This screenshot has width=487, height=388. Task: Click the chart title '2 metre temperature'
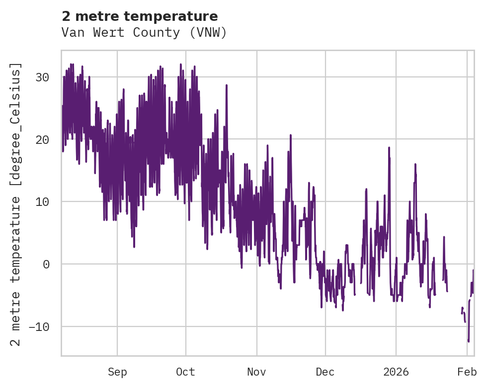[140, 16]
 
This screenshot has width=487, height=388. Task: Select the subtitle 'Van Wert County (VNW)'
[144, 33]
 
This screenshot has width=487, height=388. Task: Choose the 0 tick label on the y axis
[46, 264]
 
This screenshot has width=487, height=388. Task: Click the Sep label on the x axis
[117, 372]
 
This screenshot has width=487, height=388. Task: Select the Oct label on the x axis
[185, 372]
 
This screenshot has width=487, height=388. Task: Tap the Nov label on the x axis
[257, 372]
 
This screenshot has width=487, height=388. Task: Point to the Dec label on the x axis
[325, 372]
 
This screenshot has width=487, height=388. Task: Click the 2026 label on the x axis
[396, 372]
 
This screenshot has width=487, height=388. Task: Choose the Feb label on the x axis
[467, 372]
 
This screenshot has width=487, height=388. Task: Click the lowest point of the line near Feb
[468, 341]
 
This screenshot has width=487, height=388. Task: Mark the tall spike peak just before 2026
[389, 147]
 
